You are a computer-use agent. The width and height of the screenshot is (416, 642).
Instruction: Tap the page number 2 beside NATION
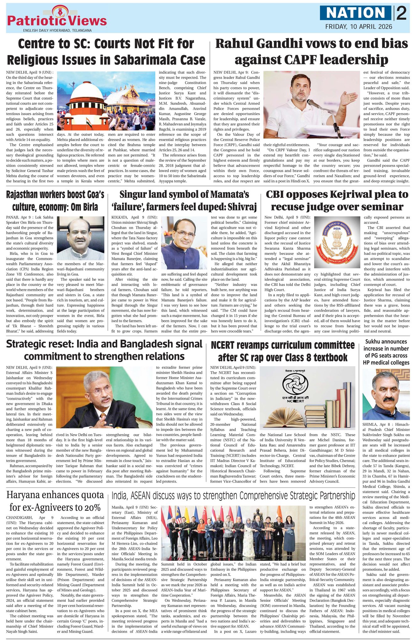click(x=401, y=13)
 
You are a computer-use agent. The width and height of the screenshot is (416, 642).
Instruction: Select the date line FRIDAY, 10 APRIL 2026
click(x=359, y=27)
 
